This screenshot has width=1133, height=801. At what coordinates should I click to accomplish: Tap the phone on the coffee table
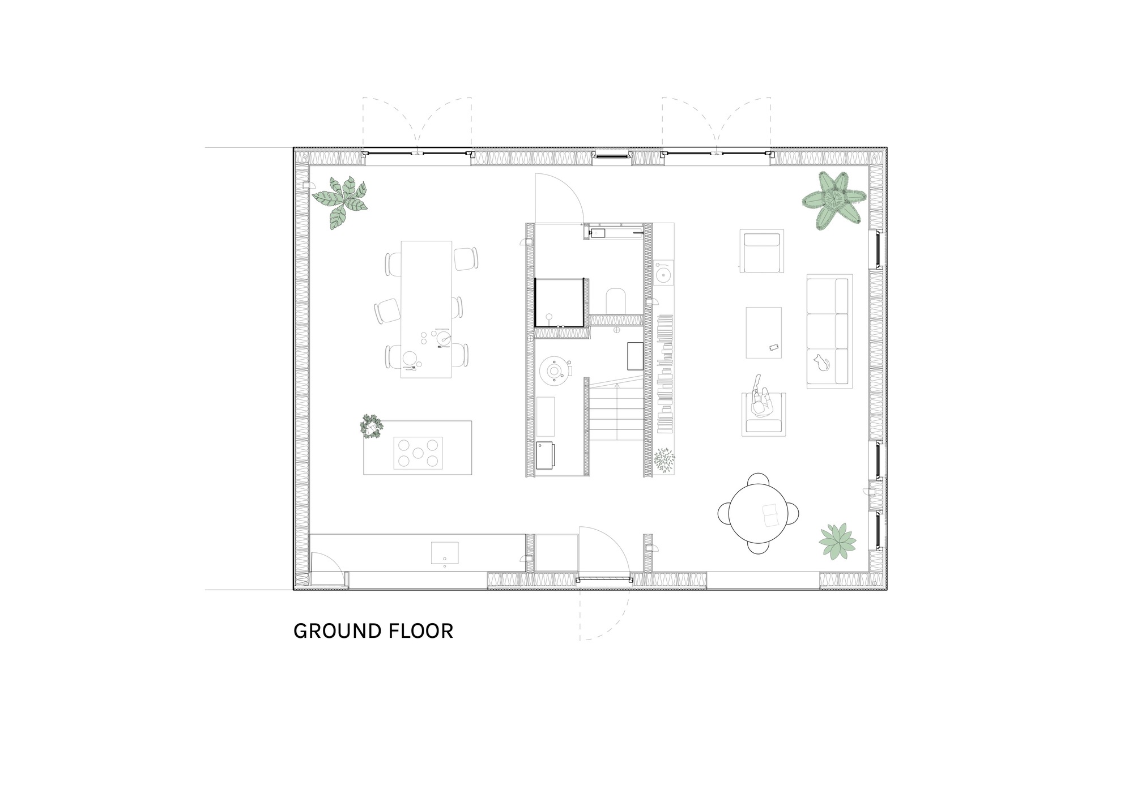click(x=774, y=347)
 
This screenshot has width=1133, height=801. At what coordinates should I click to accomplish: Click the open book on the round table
click(x=771, y=515)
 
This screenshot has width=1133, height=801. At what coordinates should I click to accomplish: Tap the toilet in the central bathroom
click(x=615, y=301)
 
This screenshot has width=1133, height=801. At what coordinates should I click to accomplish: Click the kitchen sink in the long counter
click(x=445, y=552)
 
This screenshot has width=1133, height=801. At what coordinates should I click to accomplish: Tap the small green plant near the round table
click(x=837, y=542)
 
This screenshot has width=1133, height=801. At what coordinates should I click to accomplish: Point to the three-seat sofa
click(x=829, y=331)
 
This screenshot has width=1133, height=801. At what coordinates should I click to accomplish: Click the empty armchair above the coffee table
click(x=762, y=252)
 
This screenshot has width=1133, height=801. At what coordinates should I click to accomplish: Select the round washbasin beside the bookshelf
click(x=663, y=275)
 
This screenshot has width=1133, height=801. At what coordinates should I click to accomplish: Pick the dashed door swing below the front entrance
click(x=604, y=615)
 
